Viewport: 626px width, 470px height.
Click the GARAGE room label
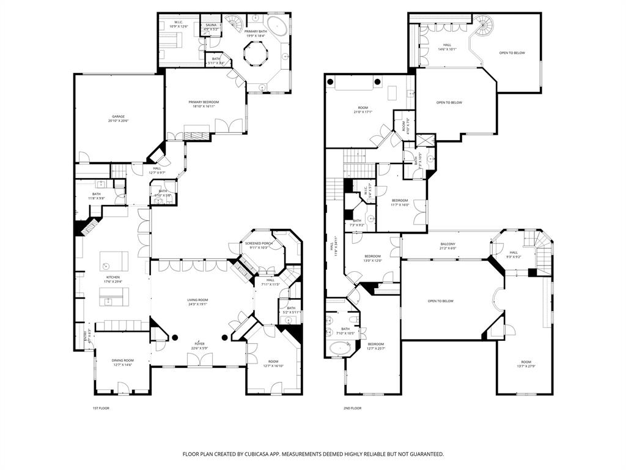point(118,116)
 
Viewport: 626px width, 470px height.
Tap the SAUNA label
point(211,25)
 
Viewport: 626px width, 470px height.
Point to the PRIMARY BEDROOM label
point(204,102)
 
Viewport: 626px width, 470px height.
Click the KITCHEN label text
point(113,277)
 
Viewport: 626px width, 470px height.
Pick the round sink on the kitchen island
point(106,266)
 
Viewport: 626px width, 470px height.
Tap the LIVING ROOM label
point(197,300)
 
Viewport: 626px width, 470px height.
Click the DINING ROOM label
point(122,360)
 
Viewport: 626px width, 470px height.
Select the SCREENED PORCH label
point(257,244)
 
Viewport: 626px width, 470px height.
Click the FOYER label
point(200,344)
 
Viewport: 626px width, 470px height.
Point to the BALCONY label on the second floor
point(447,244)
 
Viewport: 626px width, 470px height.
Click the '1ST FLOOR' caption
point(100,408)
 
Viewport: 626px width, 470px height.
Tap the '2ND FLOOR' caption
point(353,408)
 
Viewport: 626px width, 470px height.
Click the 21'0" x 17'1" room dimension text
point(363,112)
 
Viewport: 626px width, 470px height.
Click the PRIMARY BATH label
point(256,31)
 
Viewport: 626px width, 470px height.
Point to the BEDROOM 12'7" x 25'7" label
point(375,344)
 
